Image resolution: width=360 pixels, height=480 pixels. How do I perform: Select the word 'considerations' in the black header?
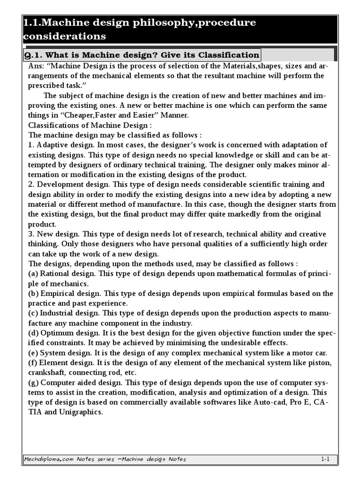[x=65, y=36]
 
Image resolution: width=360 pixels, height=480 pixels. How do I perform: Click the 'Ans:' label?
[x=37, y=66]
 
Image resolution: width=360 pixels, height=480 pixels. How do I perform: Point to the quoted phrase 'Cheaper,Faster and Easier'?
[x=111, y=115]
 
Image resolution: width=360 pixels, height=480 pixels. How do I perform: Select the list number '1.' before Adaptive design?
[x=31, y=145]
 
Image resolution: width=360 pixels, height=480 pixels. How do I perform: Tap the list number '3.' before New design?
[x=31, y=234]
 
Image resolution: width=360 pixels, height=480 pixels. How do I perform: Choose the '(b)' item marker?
[x=34, y=293]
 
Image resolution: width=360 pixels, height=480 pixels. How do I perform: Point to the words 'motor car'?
[x=311, y=353]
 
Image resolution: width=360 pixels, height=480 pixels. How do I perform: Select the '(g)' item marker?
[x=34, y=382]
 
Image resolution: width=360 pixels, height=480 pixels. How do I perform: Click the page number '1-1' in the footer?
[x=325, y=459]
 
